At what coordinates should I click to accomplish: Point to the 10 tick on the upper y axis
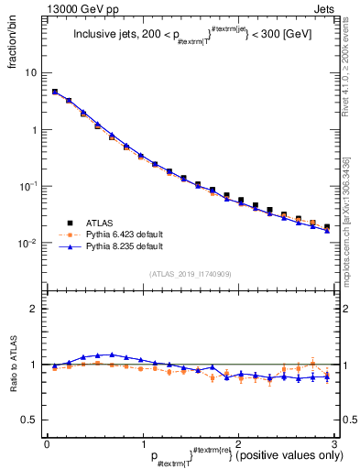(x=31, y=72)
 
